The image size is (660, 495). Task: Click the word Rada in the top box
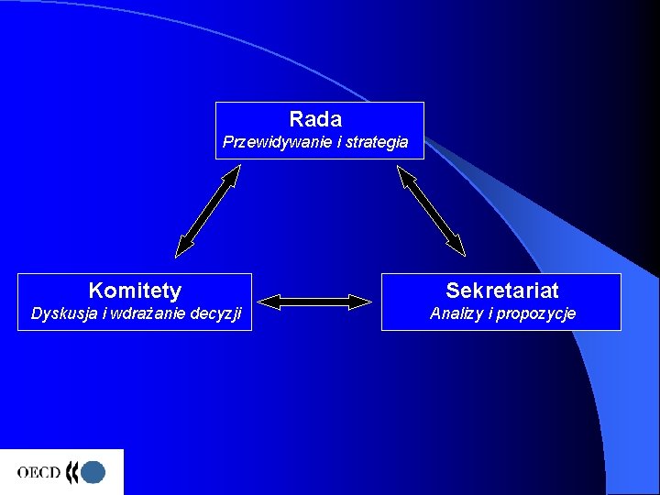tap(315, 119)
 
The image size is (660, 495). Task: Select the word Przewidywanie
tap(265, 143)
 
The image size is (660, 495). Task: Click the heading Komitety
tap(135, 291)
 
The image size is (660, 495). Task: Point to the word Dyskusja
tap(63, 313)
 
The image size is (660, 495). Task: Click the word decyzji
tap(217, 313)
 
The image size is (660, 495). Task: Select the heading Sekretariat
tap(501, 291)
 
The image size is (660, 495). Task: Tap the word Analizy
tap(459, 313)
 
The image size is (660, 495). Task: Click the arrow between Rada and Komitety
tap(208, 210)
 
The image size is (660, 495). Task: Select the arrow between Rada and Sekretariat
tap(431, 210)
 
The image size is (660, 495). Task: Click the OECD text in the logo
tap(38, 473)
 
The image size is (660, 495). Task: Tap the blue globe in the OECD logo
tap(93, 472)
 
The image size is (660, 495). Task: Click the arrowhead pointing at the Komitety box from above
tap(184, 245)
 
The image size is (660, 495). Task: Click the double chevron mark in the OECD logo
tap(72, 472)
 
